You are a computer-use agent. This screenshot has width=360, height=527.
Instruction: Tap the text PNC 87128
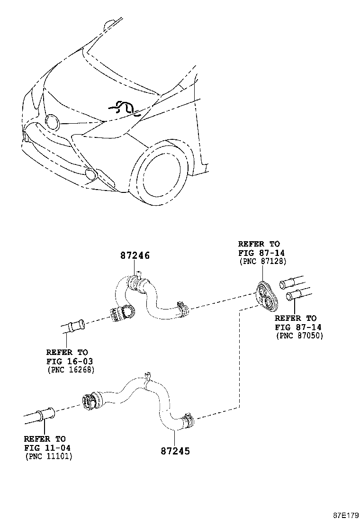pos(262,261)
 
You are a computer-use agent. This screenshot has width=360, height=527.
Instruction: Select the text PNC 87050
pos(299,335)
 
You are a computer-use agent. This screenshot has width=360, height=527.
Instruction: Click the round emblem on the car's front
pos(52,122)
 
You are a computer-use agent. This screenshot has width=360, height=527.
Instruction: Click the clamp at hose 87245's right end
pos(188,418)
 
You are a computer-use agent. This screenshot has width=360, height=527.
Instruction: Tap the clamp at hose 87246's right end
pos(182,309)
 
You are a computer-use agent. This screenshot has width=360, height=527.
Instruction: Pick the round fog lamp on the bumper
pos(91,174)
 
